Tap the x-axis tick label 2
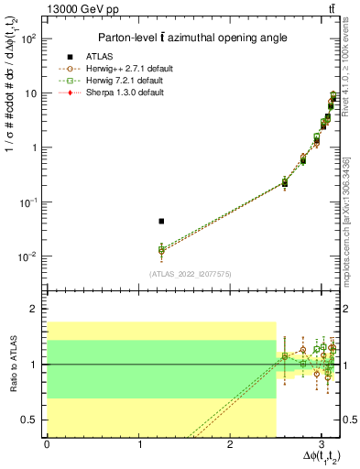230,442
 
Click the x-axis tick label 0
47,442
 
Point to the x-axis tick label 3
322,442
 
